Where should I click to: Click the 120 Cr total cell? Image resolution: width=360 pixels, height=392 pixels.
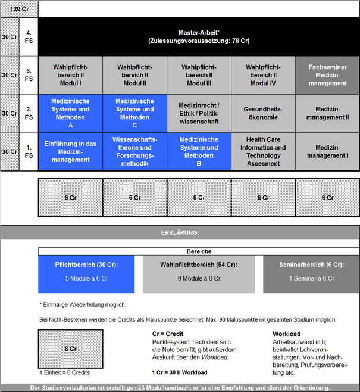(x=19, y=9)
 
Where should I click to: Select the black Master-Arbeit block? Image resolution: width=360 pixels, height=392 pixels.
(x=199, y=37)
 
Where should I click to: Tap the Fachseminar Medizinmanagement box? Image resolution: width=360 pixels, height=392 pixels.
(x=327, y=75)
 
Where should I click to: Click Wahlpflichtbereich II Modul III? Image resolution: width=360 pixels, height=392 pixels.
(x=199, y=75)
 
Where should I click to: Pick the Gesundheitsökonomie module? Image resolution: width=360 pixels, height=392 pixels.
(x=263, y=114)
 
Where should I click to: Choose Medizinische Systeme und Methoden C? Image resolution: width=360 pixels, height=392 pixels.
(x=135, y=114)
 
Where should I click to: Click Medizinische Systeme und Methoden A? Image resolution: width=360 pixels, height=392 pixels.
(x=70, y=114)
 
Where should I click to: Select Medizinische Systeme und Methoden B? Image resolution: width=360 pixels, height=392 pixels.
(x=199, y=151)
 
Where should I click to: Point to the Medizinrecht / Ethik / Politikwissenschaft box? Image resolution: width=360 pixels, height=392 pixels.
(x=199, y=114)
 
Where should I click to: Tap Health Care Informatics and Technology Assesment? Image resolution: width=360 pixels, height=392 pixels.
(x=263, y=151)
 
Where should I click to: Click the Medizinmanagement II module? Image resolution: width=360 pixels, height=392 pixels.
(x=327, y=114)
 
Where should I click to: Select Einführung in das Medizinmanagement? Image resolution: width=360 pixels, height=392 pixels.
(x=70, y=151)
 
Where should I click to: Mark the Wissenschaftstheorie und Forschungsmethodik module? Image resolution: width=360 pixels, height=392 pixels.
(x=135, y=151)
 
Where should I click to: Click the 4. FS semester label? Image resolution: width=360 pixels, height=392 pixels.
(x=29, y=37)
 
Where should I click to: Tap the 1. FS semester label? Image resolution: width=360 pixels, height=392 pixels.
(x=29, y=151)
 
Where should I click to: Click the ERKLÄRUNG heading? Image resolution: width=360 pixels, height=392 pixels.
(x=180, y=233)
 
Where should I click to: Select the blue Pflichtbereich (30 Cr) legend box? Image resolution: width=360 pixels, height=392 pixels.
(x=86, y=274)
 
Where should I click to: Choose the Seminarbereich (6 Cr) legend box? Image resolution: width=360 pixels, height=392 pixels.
(x=311, y=274)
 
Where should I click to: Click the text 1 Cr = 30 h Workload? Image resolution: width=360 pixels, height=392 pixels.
(x=180, y=372)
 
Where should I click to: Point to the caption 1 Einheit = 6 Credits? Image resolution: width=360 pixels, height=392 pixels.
(x=65, y=372)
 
